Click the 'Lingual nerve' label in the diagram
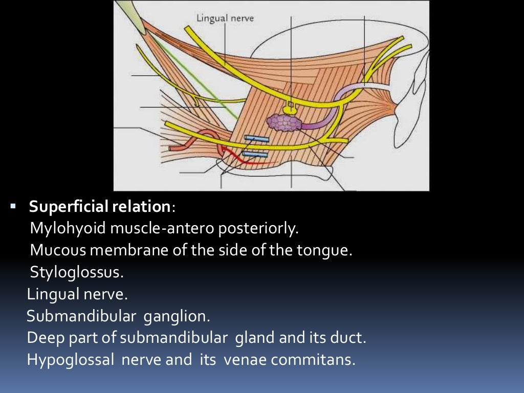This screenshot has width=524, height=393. pos(225,18)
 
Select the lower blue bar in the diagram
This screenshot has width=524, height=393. pos(254,154)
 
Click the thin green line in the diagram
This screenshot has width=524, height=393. pos(194,77)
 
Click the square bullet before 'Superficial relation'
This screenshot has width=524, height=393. pos(13,207)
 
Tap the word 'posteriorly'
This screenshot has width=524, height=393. pos(259,229)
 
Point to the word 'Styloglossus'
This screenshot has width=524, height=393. pos(77,272)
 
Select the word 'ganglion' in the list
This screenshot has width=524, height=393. pos(177,316)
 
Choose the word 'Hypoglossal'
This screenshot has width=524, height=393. pos(71,360)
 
